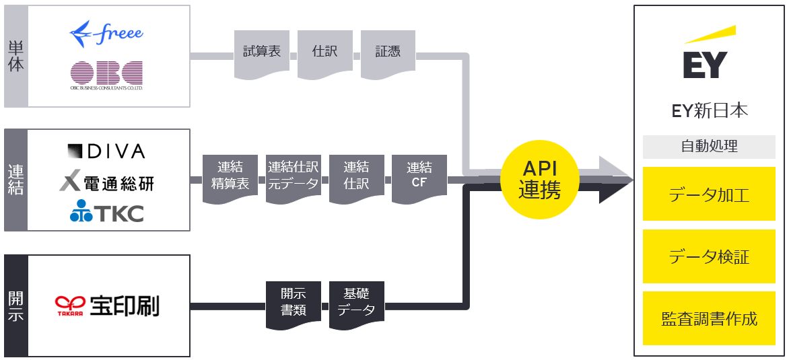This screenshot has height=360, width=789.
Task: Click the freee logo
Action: click(106, 34)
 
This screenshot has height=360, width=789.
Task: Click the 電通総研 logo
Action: click(107, 182)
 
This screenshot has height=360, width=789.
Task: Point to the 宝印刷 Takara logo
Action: click(107, 306)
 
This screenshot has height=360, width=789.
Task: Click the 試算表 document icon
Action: click(261, 52)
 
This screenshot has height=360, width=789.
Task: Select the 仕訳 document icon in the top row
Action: click(324, 52)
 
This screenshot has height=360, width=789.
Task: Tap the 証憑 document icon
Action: click(388, 52)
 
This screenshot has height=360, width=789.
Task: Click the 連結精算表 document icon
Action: click(230, 176)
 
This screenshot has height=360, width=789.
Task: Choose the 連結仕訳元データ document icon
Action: click(293, 176)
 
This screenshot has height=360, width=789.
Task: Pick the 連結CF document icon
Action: click(419, 176)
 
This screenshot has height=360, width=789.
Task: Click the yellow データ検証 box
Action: click(710, 256)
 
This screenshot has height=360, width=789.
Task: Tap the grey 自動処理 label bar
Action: click(710, 146)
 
